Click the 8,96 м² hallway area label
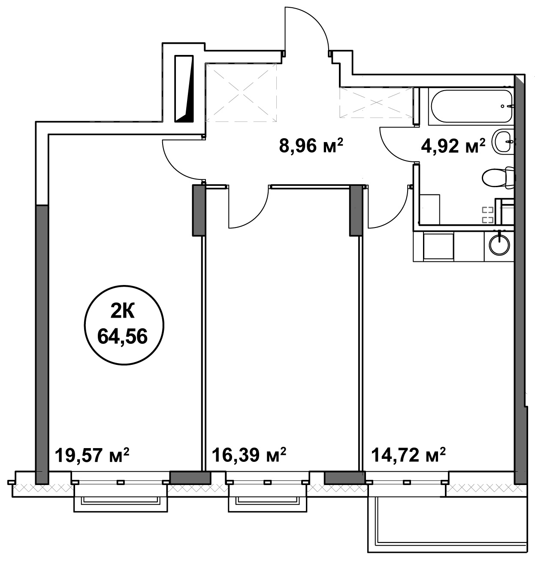click(x=311, y=146)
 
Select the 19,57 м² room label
click(x=92, y=455)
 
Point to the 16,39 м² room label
click(x=249, y=455)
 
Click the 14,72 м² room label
click(x=408, y=455)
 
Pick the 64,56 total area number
click(x=123, y=336)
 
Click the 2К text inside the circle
click(x=123, y=312)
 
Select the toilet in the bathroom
click(x=499, y=178)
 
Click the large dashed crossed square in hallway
click(x=241, y=92)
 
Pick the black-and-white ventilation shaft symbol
click(x=184, y=89)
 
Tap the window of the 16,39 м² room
click(x=267, y=485)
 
